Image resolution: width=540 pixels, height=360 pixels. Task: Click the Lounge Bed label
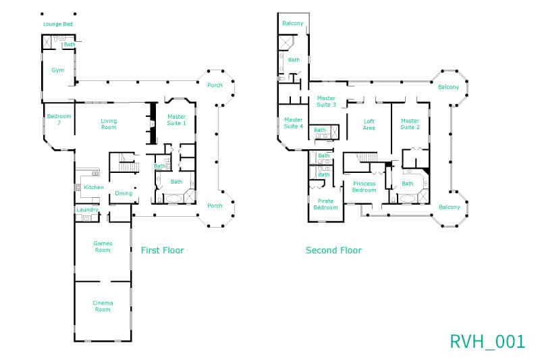click(58, 24)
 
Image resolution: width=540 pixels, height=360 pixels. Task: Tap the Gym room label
click(58, 70)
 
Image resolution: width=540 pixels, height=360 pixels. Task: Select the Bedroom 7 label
click(59, 119)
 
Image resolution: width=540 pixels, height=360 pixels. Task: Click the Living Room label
click(109, 124)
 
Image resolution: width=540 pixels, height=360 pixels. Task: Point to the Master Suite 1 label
click(177, 120)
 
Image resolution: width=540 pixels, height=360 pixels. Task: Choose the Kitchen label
click(94, 187)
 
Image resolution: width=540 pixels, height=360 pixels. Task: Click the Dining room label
click(124, 193)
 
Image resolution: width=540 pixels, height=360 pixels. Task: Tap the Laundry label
click(88, 209)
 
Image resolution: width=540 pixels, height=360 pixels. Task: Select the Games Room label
click(103, 247)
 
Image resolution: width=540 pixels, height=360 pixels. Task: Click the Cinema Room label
click(103, 306)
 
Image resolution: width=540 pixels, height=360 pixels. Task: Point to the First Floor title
click(162, 250)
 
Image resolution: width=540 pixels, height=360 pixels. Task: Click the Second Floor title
click(333, 250)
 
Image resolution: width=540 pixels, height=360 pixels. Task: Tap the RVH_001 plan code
click(487, 341)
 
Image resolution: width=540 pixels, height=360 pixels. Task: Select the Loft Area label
click(369, 124)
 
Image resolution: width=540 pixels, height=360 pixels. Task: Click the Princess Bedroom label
click(364, 186)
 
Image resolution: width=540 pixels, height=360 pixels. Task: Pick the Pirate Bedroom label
click(325, 204)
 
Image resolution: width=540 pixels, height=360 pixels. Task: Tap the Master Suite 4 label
click(294, 123)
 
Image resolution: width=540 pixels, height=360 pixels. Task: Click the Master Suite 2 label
click(410, 124)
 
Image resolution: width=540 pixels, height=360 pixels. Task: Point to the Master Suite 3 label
click(326, 101)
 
